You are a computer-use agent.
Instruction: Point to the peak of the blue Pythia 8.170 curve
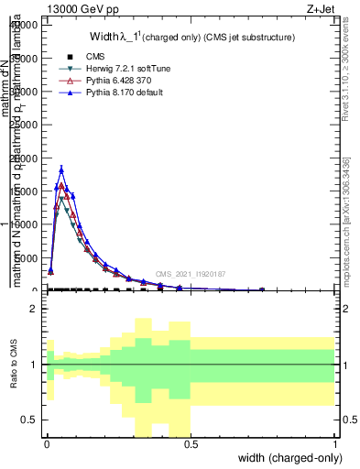(61, 169)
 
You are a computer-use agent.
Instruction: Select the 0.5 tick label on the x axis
(191, 443)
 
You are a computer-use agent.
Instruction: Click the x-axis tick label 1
(335, 443)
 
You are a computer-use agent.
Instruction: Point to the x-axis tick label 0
(47, 443)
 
